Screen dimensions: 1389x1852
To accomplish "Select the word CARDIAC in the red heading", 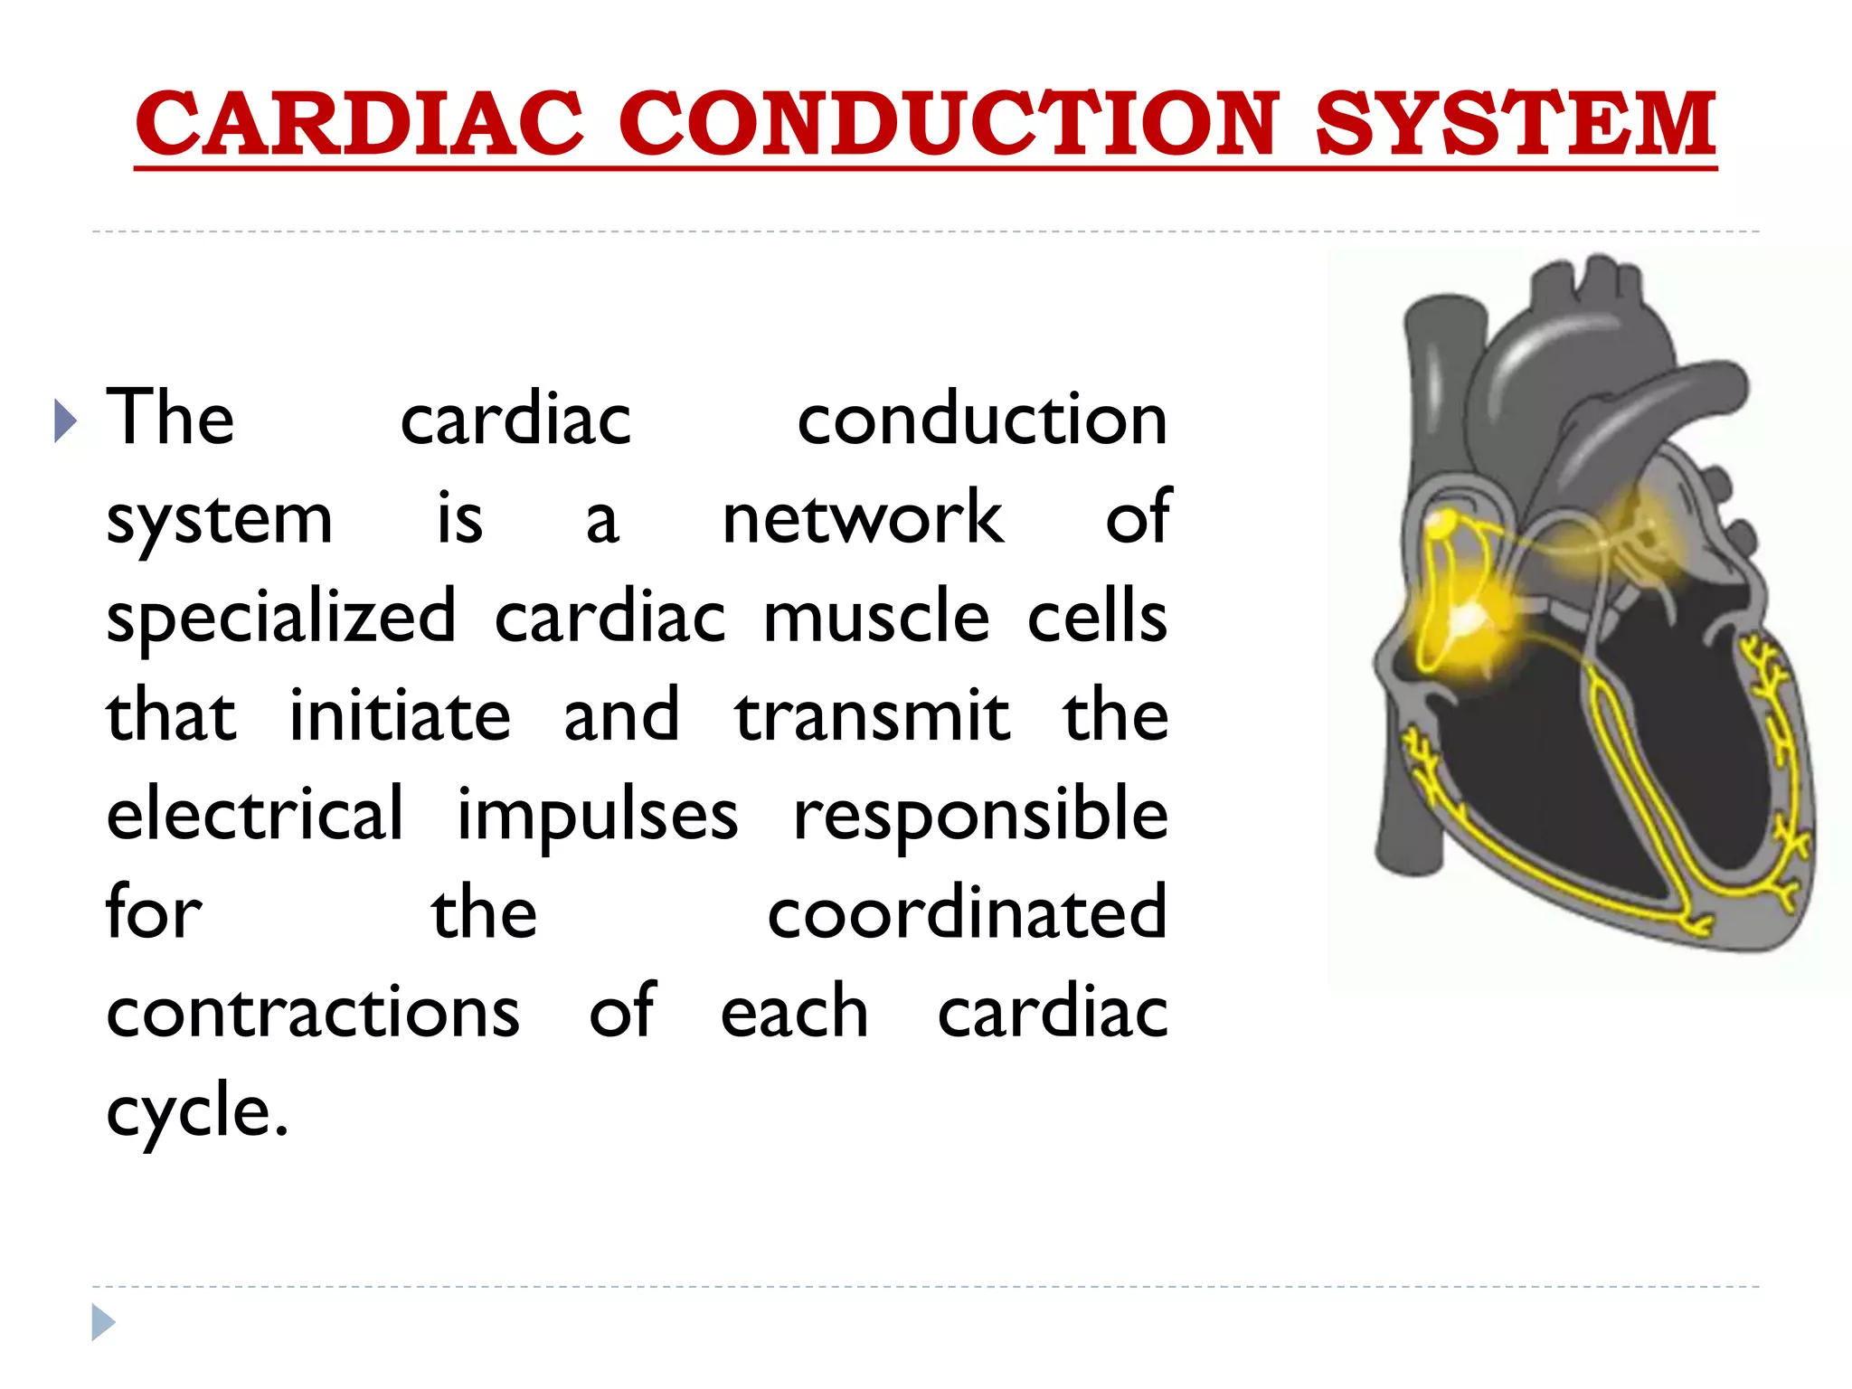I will click(360, 124).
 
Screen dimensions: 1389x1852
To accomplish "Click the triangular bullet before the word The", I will click(65, 420).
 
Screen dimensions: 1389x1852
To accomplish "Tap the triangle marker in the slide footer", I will click(103, 1322).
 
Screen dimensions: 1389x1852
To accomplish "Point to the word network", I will click(863, 518).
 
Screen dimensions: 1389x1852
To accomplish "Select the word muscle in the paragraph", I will click(876, 618).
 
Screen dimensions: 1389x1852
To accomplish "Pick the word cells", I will click(1097, 618).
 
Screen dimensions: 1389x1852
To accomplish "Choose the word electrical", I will click(255, 814).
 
